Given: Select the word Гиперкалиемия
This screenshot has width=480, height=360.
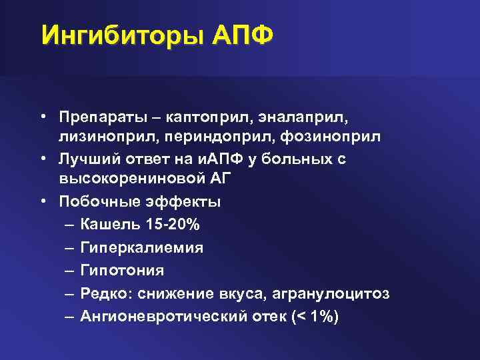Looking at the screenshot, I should pyautogui.click(x=142, y=248).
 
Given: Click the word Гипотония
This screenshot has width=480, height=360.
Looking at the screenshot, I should pyautogui.click(x=122, y=271).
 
